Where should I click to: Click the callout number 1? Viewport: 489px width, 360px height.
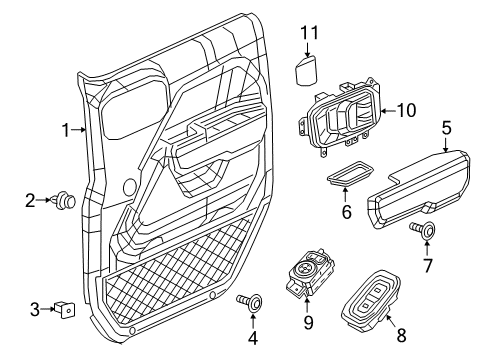65,129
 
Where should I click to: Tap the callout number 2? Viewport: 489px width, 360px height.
31,201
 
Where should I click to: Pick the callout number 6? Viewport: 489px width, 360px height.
347,213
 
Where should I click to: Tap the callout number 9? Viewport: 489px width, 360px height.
309,322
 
